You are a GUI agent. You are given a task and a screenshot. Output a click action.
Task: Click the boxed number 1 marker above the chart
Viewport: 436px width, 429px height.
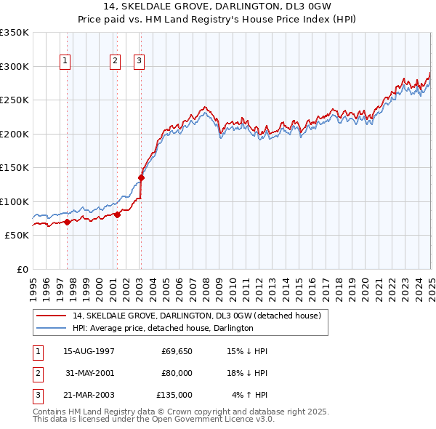click(66, 62)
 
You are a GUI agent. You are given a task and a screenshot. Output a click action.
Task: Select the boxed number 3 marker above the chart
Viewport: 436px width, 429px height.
click(139, 62)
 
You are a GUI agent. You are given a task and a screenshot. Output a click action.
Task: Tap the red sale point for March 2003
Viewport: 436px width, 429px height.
click(142, 177)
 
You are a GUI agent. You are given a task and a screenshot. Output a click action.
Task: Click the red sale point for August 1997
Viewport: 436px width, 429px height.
click(67, 222)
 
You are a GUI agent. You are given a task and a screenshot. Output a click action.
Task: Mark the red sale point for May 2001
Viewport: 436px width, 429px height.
click(117, 215)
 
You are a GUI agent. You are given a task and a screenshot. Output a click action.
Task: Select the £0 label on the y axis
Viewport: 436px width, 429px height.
click(22, 269)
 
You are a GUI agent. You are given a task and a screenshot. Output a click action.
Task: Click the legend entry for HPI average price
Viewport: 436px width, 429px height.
click(163, 329)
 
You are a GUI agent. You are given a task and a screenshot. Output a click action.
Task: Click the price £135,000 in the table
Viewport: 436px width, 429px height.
click(174, 395)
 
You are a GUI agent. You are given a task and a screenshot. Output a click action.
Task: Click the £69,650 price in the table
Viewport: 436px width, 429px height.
click(177, 351)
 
